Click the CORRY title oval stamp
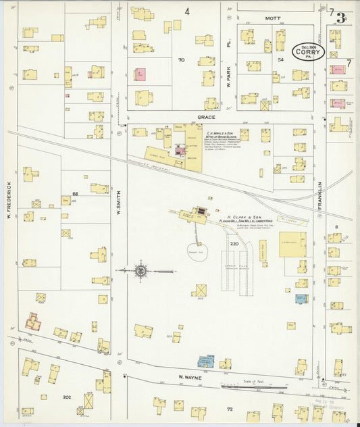point(309,51)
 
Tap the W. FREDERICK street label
point(9,203)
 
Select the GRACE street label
point(206,116)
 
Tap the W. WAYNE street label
point(190,377)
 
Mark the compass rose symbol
point(140,271)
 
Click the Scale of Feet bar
point(253,387)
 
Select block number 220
point(234,243)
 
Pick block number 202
point(66,397)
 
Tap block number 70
point(181,60)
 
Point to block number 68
point(75,194)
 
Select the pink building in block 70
point(140,74)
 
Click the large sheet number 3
point(342,18)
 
